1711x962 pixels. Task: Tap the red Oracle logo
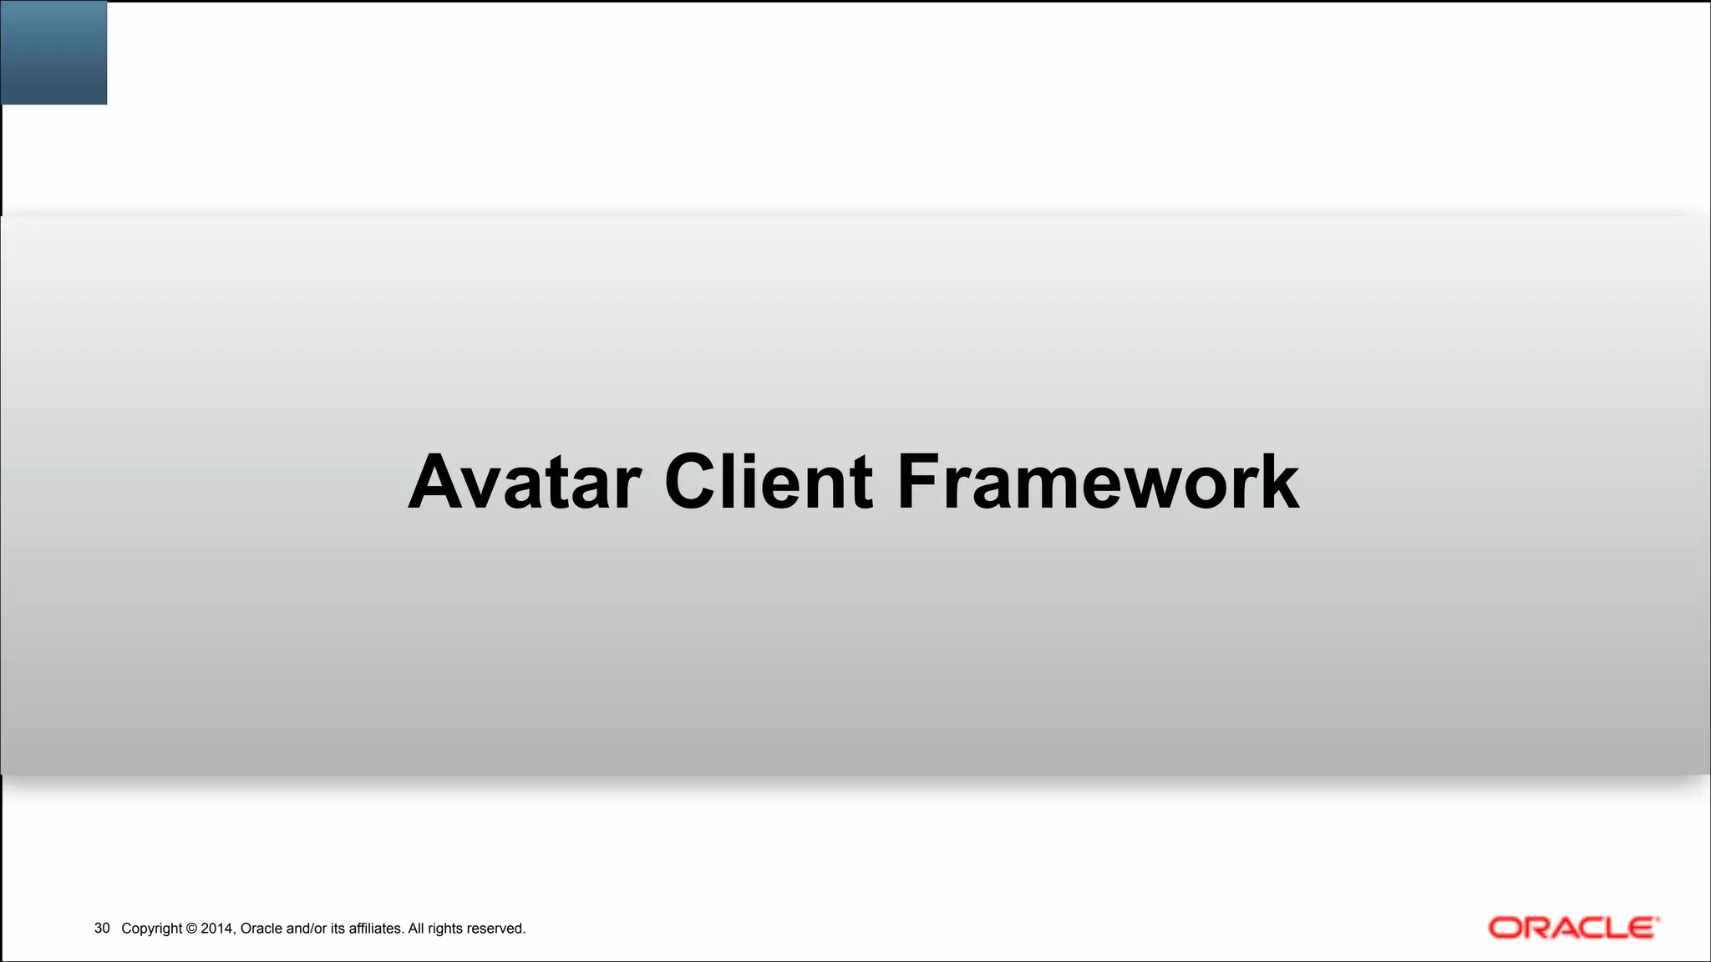[x=1573, y=928]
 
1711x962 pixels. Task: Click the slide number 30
[x=102, y=929]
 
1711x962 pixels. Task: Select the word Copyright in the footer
[x=152, y=929]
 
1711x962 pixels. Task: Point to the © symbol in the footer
[x=191, y=929]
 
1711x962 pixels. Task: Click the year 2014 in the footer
[x=217, y=929]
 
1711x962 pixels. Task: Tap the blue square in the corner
[x=53, y=52]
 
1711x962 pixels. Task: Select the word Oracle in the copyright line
[x=261, y=929]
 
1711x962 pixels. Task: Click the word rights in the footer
[x=445, y=929]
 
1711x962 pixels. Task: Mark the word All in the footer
[x=415, y=929]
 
